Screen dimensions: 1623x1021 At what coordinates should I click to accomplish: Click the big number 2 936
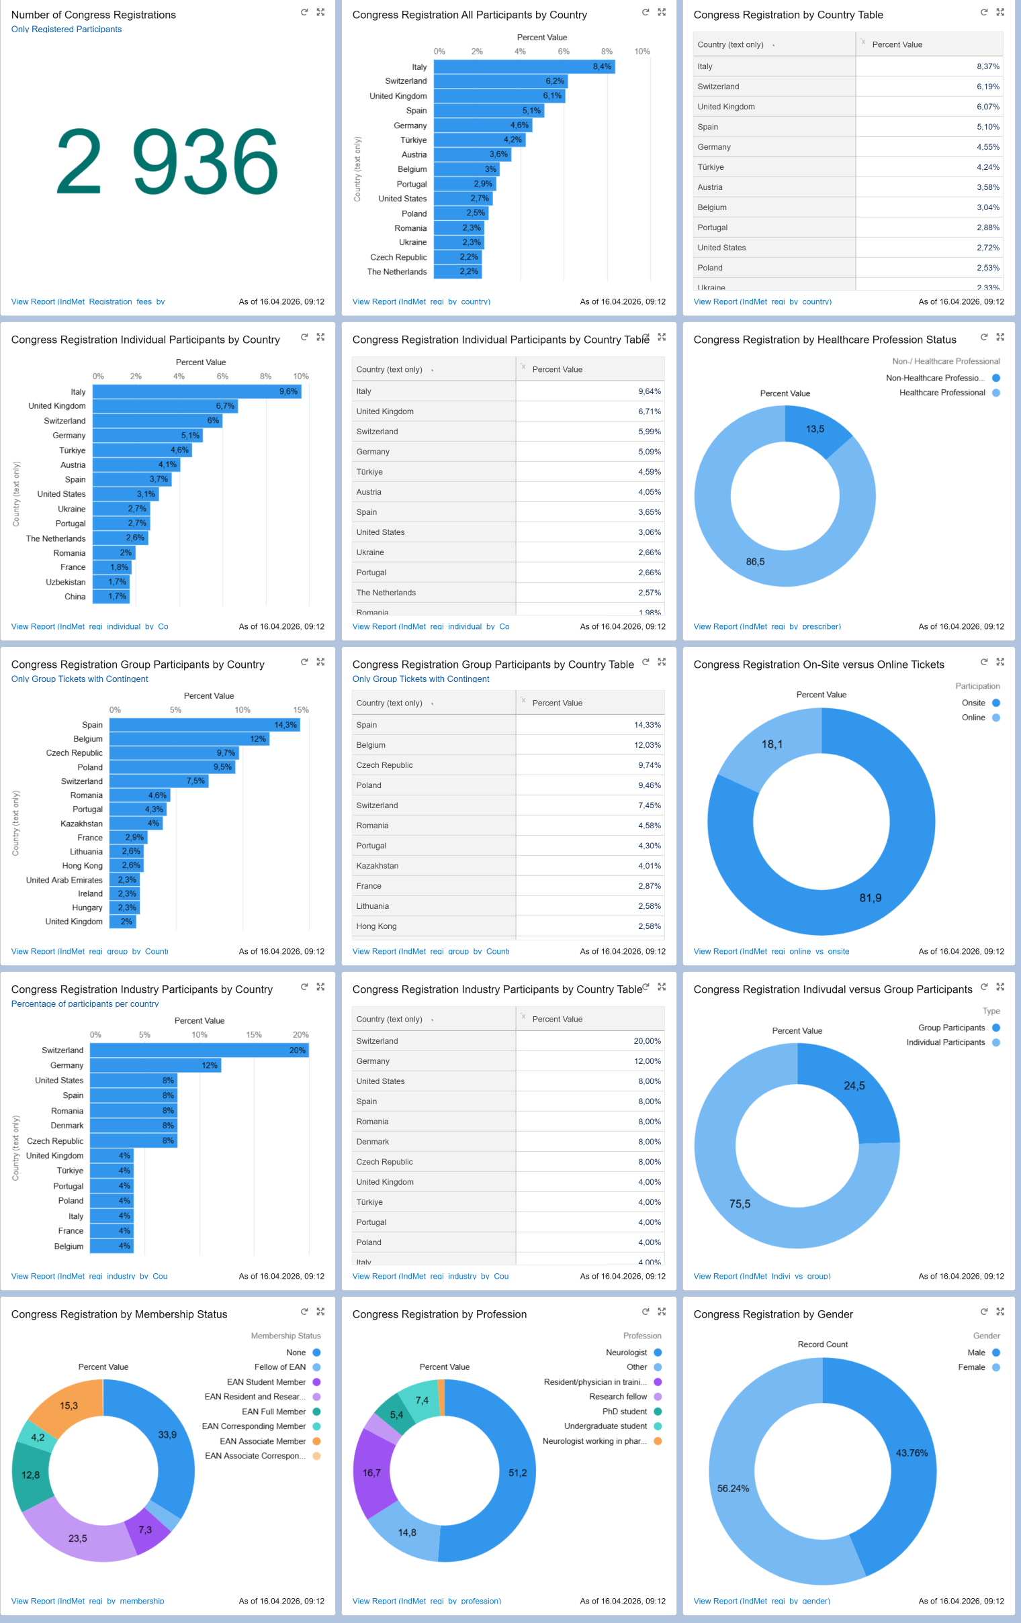point(167,162)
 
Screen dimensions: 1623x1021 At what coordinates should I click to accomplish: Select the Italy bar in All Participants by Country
point(523,66)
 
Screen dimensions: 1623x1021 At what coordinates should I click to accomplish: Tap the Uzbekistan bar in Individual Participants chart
point(111,582)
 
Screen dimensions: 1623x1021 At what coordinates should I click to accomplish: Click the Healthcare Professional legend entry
point(942,393)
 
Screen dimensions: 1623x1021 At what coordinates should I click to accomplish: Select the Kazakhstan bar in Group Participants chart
point(135,824)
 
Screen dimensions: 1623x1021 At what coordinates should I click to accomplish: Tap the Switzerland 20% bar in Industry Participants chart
point(199,1050)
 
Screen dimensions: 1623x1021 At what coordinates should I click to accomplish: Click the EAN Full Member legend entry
point(273,1412)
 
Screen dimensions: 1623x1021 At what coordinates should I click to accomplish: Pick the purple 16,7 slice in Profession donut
point(371,1473)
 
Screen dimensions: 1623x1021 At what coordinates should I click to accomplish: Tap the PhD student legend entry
point(624,1412)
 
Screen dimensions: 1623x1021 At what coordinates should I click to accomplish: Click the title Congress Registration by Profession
point(439,1314)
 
